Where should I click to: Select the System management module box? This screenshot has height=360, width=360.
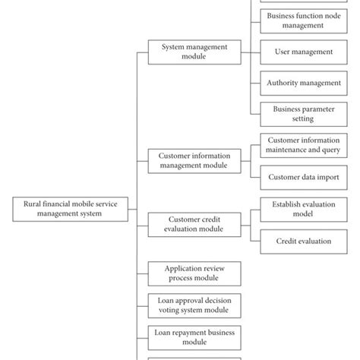tap(194, 51)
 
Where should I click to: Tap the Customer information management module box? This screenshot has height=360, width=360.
tap(194, 160)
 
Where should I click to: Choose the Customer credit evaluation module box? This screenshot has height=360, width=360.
tap(194, 224)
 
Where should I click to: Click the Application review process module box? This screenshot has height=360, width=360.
tap(194, 273)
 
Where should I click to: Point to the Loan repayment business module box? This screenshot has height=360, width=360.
tap(194, 336)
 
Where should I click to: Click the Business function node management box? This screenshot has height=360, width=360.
tap(303, 20)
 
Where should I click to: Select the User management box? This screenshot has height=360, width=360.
tap(303, 52)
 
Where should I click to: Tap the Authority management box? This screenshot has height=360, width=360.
tap(303, 83)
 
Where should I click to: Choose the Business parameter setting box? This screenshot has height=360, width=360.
tap(303, 114)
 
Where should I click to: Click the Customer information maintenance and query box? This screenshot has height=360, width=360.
tap(303, 145)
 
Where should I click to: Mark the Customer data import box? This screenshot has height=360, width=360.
tap(303, 177)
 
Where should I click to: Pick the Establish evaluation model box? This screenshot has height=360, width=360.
tap(303, 209)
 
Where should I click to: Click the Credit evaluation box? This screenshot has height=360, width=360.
tap(303, 241)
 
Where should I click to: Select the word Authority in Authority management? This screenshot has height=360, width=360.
tap(283, 83)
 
